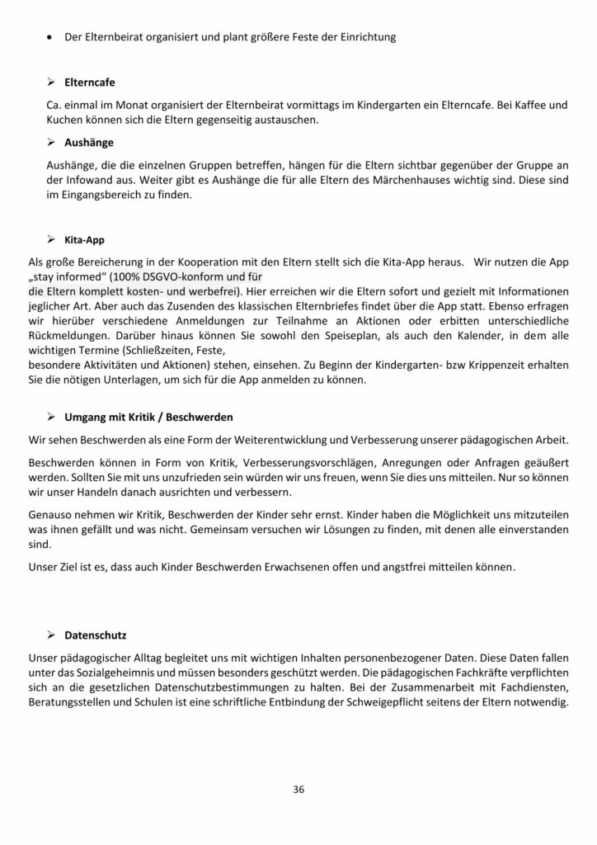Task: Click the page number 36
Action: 298,789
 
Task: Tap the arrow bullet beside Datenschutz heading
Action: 51,635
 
